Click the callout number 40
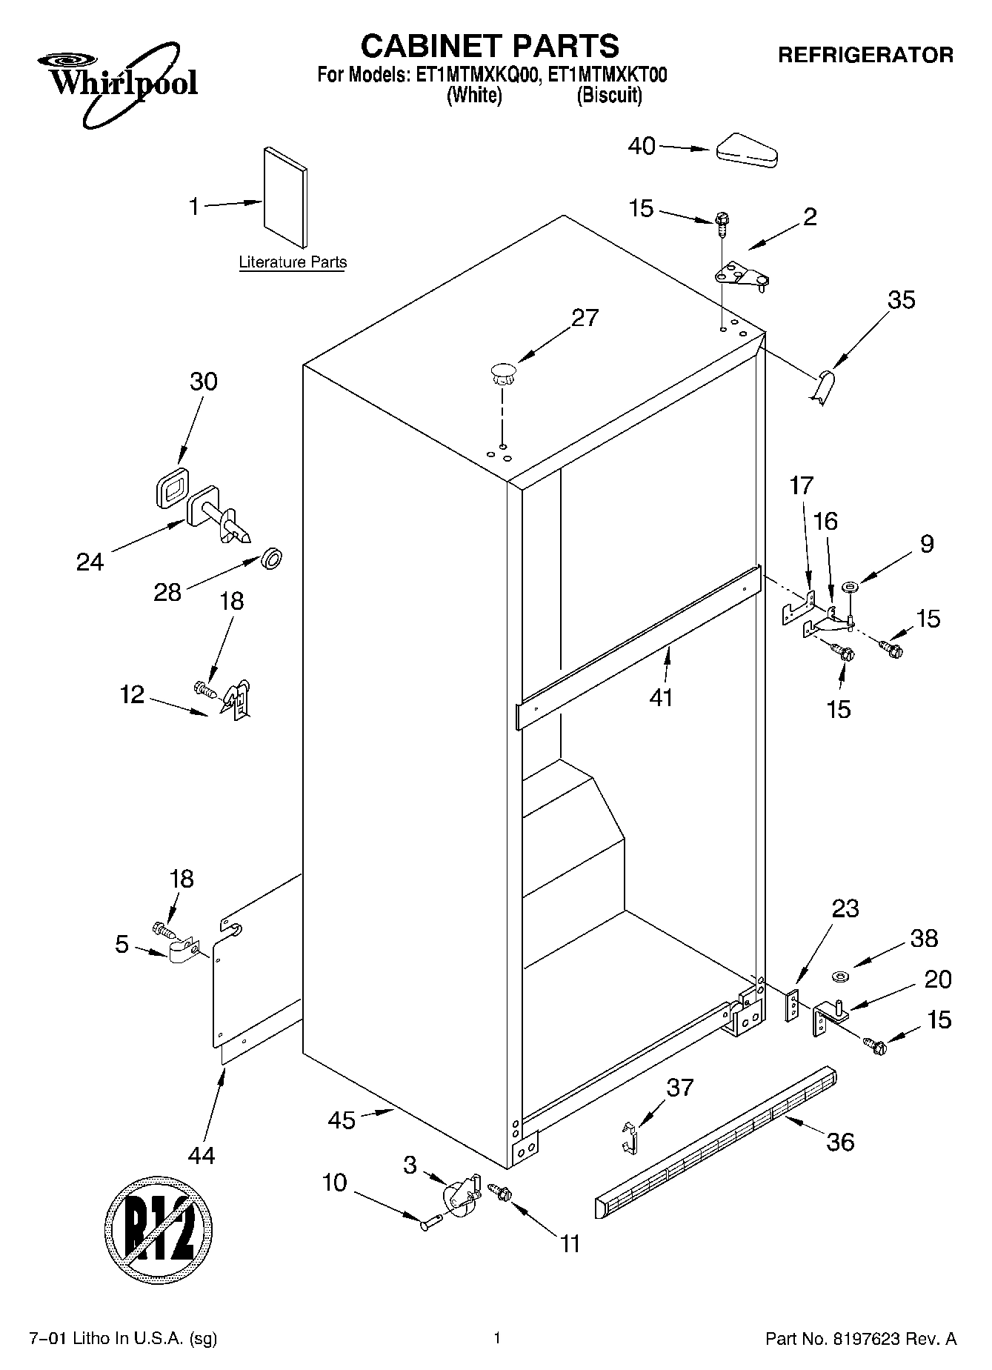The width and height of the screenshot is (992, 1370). (642, 147)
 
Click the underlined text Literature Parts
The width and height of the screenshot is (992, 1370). (293, 262)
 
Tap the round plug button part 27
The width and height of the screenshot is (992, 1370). (502, 371)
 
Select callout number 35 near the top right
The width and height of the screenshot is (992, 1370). (901, 300)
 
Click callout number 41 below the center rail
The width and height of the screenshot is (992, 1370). (660, 697)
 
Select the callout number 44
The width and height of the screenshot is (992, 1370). (202, 1154)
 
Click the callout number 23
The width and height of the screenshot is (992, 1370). (845, 908)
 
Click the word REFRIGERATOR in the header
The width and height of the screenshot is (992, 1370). (865, 55)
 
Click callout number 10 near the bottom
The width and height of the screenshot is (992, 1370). (334, 1183)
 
